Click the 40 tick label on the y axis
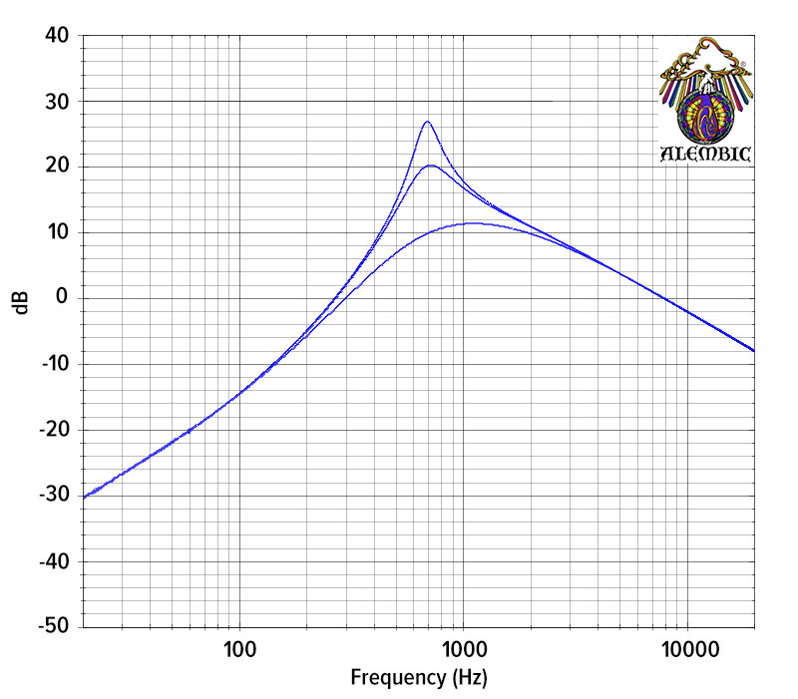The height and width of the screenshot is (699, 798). click(57, 36)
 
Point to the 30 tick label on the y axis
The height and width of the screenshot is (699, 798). click(57, 102)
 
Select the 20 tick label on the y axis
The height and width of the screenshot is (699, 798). click(57, 167)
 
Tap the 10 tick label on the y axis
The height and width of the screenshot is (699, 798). click(57, 232)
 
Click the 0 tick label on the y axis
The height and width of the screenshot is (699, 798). click(62, 298)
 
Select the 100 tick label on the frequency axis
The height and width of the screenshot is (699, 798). click(239, 650)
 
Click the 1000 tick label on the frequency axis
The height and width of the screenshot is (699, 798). click(462, 650)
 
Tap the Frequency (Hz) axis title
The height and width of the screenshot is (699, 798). click(418, 679)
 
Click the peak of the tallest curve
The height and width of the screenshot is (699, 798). click(427, 122)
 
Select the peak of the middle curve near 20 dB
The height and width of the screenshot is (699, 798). click(430, 166)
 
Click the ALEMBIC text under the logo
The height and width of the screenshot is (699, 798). click(706, 155)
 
